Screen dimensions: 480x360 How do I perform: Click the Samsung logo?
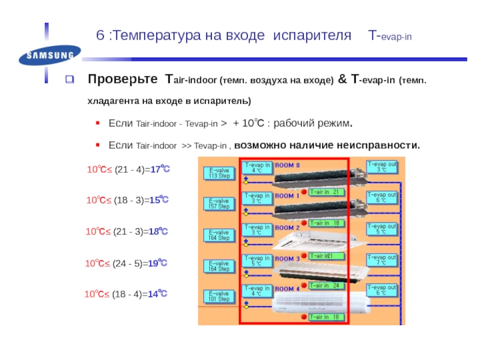point(49,57)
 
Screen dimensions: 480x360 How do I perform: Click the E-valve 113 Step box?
point(219,173)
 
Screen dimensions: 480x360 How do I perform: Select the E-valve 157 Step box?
point(219,204)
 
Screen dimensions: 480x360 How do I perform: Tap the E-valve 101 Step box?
point(219,296)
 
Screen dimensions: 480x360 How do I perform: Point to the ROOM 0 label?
point(288,165)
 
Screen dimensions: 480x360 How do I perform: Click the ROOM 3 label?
point(288,259)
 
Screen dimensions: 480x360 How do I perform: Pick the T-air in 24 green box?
point(326,286)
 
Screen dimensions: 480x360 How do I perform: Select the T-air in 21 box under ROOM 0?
point(326,192)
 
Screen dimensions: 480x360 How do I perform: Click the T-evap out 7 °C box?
point(381,259)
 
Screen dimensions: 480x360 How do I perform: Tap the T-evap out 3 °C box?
point(381,166)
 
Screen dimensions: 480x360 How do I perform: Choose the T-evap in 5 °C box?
point(257,260)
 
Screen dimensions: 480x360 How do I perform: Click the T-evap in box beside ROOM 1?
point(257,198)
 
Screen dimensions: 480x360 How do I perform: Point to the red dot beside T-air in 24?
point(303,285)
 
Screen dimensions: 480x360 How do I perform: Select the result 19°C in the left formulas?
point(158,263)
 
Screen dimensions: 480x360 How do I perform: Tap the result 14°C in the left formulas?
point(158,294)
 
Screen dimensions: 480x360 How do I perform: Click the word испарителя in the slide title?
point(312,37)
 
